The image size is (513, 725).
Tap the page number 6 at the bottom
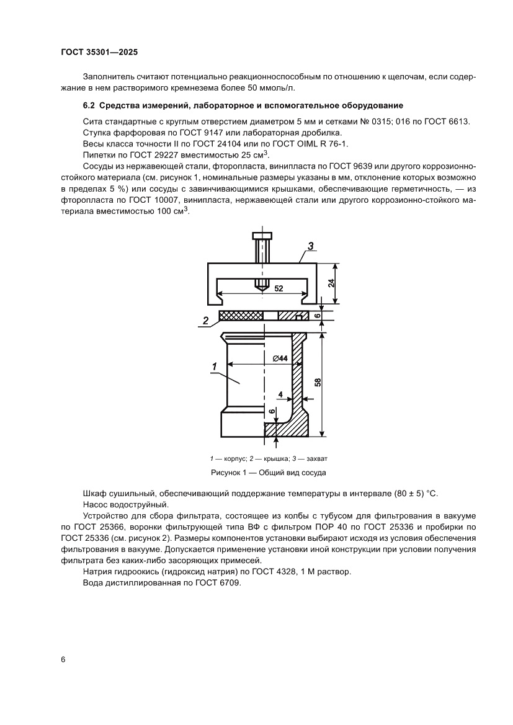pyautogui.click(x=63, y=659)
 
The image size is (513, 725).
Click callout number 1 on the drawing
pyautogui.click(x=213, y=367)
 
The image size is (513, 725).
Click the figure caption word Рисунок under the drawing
pyautogui.click(x=231, y=472)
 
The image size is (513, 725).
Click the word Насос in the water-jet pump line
pyautogui.click(x=95, y=505)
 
